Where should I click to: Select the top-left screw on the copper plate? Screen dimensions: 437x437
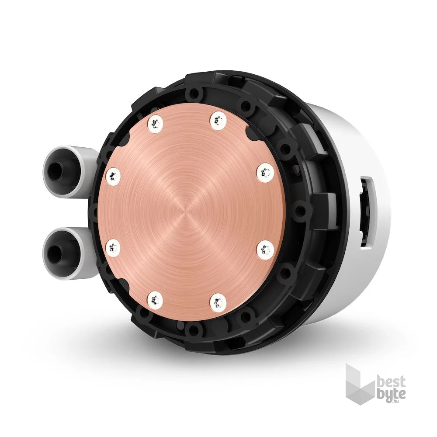click(x=154, y=123)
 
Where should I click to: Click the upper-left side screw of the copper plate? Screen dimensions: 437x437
click(x=114, y=177)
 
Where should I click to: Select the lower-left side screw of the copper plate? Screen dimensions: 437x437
click(x=113, y=246)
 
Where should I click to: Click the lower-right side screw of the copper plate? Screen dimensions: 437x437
click(x=265, y=251)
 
